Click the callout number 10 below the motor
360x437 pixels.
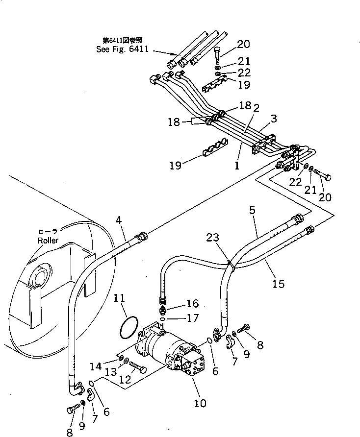pyautogui.click(x=201, y=403)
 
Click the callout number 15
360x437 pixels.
pyautogui.click(x=278, y=284)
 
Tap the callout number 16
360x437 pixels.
pyautogui.click(x=192, y=304)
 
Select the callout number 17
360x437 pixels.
pyautogui.click(x=193, y=318)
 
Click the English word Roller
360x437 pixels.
pyautogui.click(x=48, y=241)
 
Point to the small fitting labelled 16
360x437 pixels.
pyautogui.click(x=164, y=310)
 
